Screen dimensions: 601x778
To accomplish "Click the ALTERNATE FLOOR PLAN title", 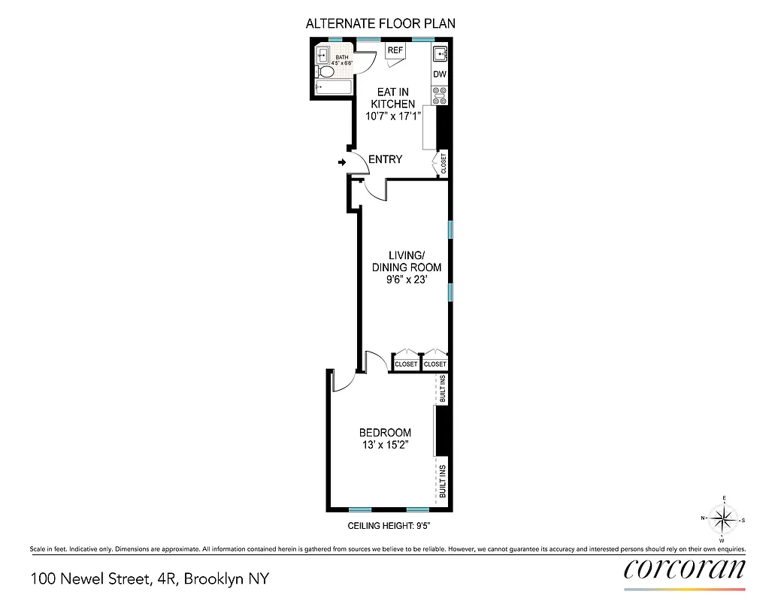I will (x=380, y=23).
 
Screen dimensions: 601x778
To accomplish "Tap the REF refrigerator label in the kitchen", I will (x=395, y=51).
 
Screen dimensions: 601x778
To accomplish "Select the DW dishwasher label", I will (x=440, y=74).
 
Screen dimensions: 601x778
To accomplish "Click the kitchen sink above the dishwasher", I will (x=440, y=53).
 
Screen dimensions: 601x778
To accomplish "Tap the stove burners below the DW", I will (x=440, y=95).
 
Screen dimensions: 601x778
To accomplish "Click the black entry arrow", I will (x=342, y=162).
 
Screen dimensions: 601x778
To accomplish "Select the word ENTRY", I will (x=385, y=159).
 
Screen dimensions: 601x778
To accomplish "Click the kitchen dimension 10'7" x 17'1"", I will (x=392, y=116).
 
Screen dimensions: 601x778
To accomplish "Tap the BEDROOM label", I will (x=385, y=433).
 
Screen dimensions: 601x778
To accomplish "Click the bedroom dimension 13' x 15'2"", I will (x=385, y=445).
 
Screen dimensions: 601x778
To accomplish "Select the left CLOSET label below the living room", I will (x=406, y=364).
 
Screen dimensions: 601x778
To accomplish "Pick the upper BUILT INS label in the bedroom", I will (x=443, y=389).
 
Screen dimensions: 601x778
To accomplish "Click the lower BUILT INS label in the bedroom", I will (x=443, y=482).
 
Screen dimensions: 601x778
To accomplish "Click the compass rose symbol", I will (x=723, y=518).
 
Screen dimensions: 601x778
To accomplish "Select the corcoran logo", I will (x=685, y=569).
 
